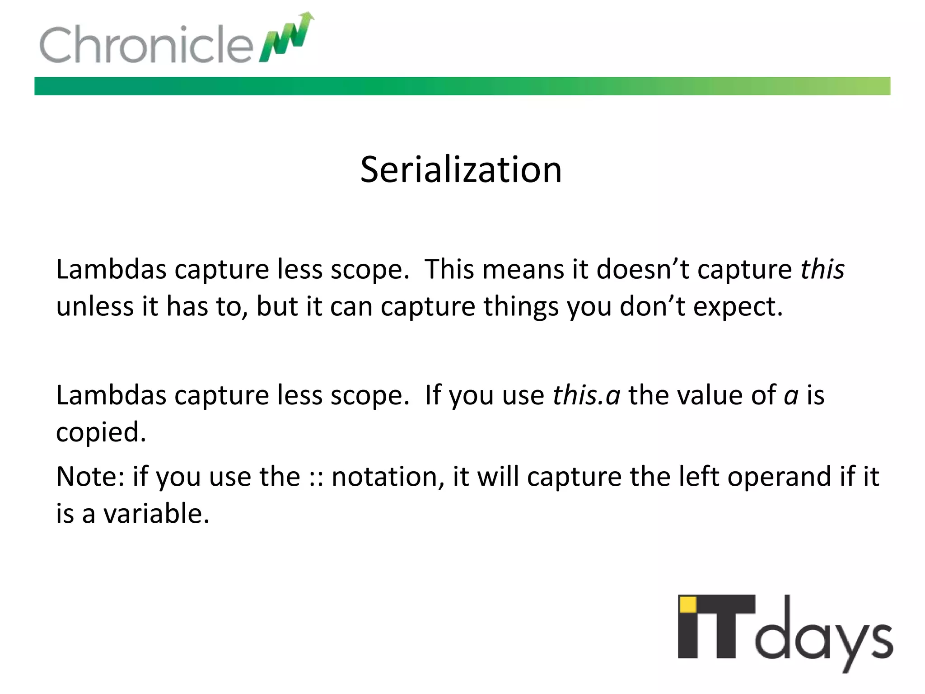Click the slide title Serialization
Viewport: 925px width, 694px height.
coord(461,170)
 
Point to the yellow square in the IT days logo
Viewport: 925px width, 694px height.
coord(688,605)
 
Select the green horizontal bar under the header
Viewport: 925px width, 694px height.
coord(462,86)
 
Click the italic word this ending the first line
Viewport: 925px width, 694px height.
coord(822,269)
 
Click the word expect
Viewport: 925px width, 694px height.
coord(737,307)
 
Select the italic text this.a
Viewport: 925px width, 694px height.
coord(586,395)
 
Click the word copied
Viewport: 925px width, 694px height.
coord(101,432)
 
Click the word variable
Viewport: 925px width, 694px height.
coord(156,514)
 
